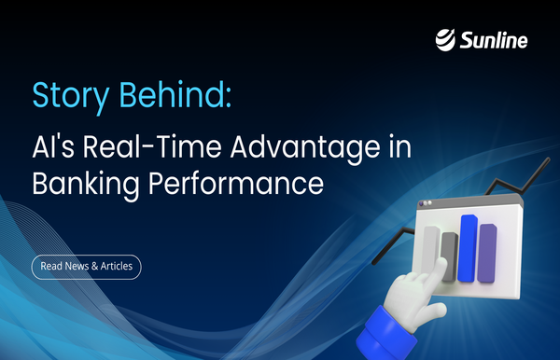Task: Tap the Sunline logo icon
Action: (446, 40)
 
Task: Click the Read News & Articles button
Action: (86, 267)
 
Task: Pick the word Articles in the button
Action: (114, 267)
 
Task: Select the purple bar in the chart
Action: (486, 252)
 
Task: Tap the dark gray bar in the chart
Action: (448, 257)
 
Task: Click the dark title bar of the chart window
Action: (467, 206)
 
